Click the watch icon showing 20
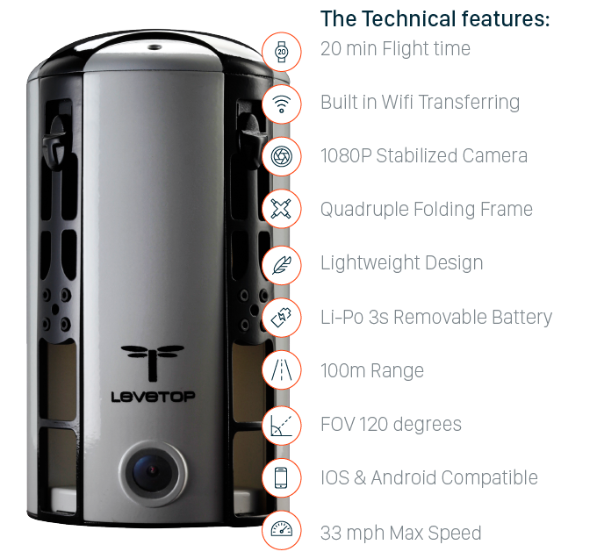point(281,52)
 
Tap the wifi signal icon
point(281,104)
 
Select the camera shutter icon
point(281,156)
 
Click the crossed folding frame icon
point(281,209)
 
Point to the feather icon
point(281,264)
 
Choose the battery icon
point(281,318)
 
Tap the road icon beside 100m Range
point(281,370)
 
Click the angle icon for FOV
point(281,425)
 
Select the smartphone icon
point(281,477)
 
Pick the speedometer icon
point(281,529)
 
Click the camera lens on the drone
point(153,473)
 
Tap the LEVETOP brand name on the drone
point(153,397)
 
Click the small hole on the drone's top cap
point(155,47)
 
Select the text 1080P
point(346,155)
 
